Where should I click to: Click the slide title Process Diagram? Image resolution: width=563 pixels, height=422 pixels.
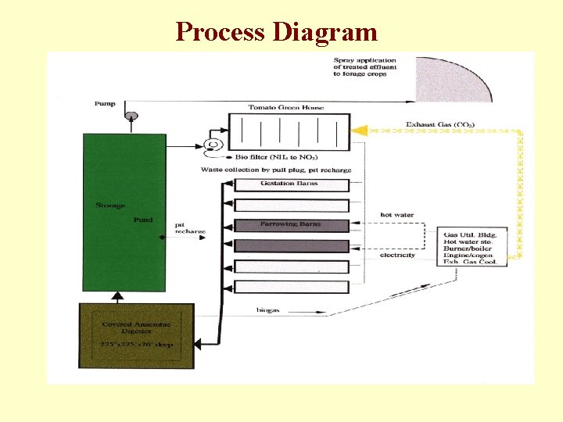(x=277, y=31)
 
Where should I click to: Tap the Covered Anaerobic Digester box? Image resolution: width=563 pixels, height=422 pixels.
(x=137, y=335)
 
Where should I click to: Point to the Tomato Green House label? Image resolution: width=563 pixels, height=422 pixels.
(x=286, y=107)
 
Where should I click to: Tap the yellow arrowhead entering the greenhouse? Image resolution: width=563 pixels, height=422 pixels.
(x=359, y=129)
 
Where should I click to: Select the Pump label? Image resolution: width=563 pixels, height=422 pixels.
(x=104, y=103)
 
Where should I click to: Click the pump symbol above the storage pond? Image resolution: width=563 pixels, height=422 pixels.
(x=131, y=116)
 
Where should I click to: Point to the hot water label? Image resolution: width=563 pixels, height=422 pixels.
(x=396, y=215)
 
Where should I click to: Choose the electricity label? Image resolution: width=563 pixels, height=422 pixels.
(x=397, y=255)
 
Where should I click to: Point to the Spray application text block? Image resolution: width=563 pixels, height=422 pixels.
(x=365, y=67)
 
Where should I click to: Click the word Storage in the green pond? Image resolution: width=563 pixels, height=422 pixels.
(x=110, y=206)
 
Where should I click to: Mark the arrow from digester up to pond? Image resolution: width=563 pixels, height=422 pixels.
(x=117, y=297)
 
